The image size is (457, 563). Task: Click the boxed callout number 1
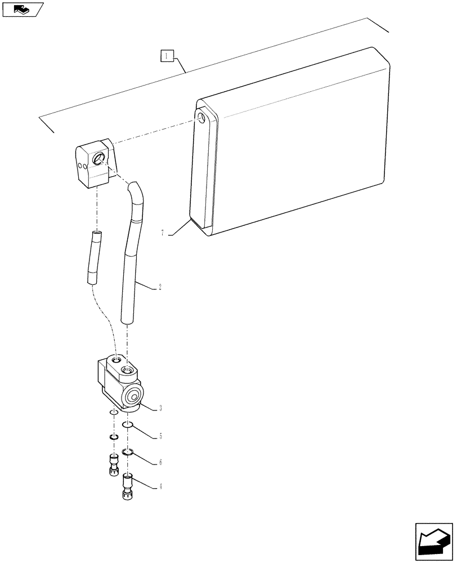[168, 56]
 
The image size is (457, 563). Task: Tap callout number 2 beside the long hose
[160, 287]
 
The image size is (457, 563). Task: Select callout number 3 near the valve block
[160, 408]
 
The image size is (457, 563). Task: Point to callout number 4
[160, 486]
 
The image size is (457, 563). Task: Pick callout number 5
[160, 436]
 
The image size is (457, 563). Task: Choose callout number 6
[160, 462]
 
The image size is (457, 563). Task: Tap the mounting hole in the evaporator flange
[201, 117]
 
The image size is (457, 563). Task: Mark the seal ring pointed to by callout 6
[127, 452]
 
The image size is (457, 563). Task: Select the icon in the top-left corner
[23, 9]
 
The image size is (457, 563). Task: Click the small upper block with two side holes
[96, 166]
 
